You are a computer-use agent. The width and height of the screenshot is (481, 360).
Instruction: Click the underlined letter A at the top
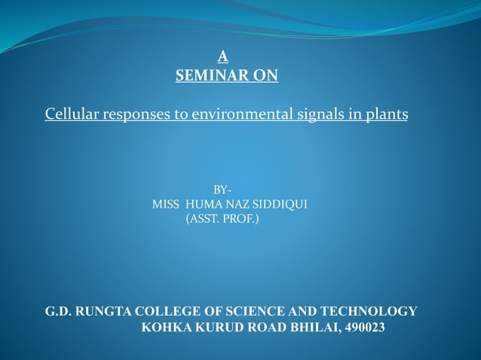[222, 55]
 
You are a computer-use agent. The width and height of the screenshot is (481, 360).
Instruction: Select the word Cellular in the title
[70, 114]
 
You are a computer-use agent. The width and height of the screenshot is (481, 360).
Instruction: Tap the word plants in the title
[382, 115]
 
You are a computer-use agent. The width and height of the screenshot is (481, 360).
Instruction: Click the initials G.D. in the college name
[58, 312]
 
